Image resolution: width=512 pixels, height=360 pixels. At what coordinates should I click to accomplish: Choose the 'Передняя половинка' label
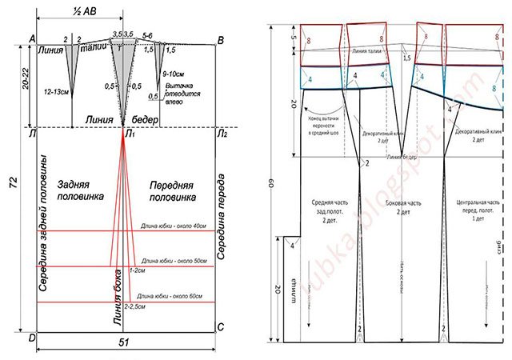(172, 192)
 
